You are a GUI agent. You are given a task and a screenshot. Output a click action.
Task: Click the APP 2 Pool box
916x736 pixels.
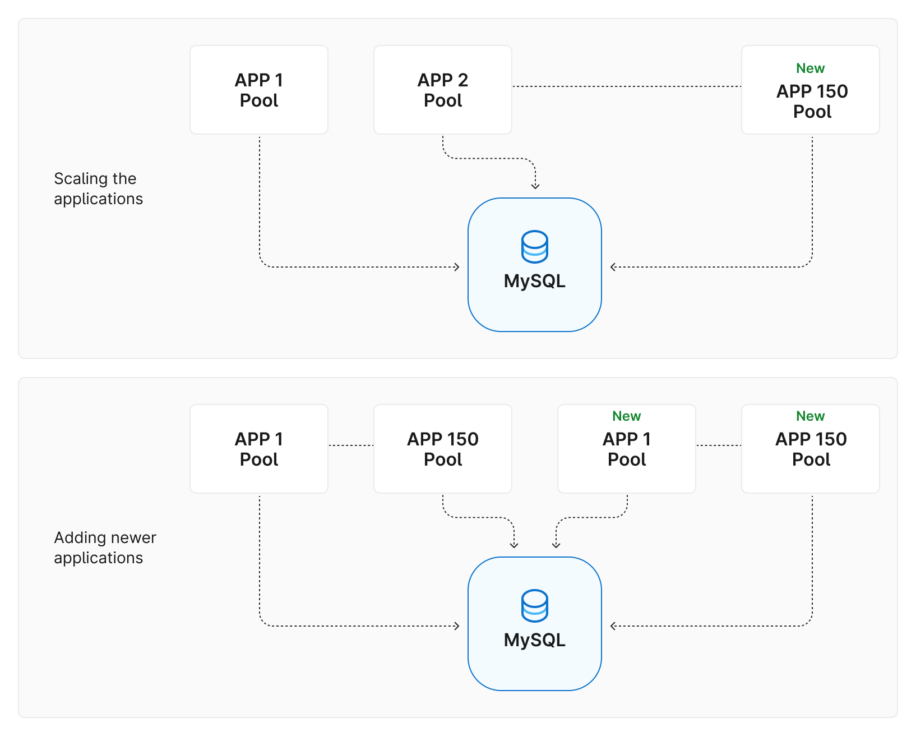[x=442, y=90]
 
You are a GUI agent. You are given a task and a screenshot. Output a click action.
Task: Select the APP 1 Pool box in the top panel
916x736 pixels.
[x=258, y=90]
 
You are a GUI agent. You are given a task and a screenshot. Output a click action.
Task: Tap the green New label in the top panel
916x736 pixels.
[x=810, y=68]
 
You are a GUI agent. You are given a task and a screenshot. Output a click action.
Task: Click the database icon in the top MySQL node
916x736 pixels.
[x=534, y=247]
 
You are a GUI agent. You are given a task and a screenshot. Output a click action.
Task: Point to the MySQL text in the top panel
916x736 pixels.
[x=534, y=281]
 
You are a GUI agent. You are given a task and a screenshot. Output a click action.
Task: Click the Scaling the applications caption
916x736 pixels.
[x=98, y=188]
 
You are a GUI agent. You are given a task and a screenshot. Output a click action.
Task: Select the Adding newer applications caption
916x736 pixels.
[x=104, y=548]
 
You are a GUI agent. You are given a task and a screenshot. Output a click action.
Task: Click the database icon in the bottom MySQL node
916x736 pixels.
[x=534, y=606]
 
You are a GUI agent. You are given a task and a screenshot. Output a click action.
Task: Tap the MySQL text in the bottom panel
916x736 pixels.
[x=534, y=640]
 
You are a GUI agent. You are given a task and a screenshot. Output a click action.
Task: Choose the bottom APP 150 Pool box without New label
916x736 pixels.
[x=442, y=449]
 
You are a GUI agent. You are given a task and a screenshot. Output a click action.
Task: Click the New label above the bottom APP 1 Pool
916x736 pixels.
[x=626, y=416]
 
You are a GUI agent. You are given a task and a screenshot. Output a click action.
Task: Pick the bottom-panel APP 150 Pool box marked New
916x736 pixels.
[x=810, y=449]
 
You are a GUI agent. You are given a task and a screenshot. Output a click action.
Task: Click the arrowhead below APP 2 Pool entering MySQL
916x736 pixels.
[x=535, y=186]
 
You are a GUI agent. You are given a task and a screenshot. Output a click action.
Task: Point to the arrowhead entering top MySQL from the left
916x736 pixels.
[x=457, y=267]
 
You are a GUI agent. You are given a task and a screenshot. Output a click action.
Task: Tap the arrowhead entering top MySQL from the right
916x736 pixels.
[x=613, y=267]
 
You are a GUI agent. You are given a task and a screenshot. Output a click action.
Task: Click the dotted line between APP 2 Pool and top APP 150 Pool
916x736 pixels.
[x=626, y=86]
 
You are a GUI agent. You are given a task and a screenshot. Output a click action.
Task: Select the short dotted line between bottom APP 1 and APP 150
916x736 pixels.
[x=351, y=445]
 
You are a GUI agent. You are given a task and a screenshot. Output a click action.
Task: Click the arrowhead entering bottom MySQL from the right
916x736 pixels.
[x=613, y=626]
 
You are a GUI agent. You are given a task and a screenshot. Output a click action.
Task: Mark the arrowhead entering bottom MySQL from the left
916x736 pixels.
[x=457, y=626]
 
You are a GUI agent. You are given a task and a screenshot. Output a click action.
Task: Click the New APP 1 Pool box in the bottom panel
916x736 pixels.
[x=626, y=449]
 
